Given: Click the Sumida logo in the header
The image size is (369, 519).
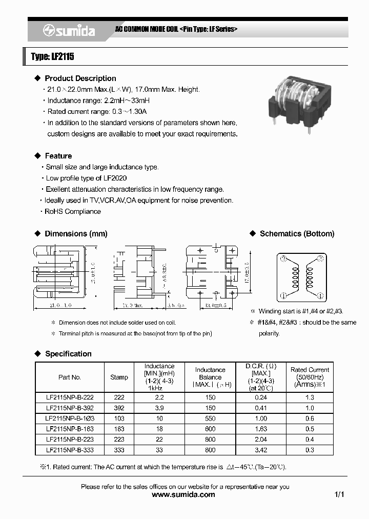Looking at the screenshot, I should point(69,31).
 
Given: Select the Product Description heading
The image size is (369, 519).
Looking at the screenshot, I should point(80,78).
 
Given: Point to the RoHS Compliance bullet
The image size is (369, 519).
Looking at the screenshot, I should point(73,211).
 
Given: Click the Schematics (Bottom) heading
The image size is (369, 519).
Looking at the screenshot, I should point(297,234).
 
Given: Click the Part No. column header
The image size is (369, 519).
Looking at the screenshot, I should point(70,377).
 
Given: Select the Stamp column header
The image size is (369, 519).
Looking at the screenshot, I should point(119,377).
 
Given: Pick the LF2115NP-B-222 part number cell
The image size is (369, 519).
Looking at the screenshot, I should point(70,397).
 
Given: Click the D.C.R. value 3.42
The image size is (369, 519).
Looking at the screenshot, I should point(261,450).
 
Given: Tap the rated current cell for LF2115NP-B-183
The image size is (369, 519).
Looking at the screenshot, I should point(310,429).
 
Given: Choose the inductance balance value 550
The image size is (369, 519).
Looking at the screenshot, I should point(210,418).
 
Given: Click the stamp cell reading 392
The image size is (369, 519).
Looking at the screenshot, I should point(119,408).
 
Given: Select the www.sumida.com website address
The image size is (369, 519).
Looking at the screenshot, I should point(184,495).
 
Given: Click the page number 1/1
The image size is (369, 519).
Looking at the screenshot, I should point(339,495).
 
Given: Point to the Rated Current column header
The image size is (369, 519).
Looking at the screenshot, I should point(310,376).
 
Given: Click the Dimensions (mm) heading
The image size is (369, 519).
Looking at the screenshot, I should point(76,234).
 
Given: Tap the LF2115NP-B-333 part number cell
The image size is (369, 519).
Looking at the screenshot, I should point(70,450).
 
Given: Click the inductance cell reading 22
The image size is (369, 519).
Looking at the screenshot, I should point(159,440).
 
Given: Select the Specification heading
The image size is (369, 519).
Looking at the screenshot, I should point(68,354).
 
